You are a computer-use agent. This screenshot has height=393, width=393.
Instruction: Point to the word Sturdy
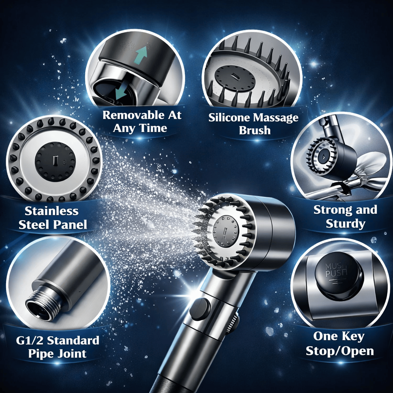point(345,223)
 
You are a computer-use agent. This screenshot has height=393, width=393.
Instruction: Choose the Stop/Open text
point(340,351)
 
